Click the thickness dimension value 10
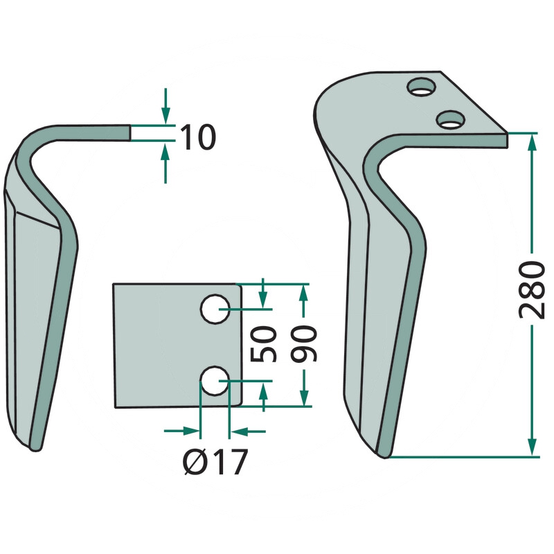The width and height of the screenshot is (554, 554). [197, 136]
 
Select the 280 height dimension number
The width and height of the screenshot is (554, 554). [532, 289]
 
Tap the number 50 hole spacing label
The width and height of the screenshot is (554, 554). [263, 344]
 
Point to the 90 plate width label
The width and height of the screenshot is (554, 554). [304, 344]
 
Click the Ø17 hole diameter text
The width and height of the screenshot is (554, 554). [215, 462]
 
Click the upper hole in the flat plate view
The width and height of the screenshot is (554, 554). [215, 309]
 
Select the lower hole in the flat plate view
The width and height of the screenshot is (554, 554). [215, 381]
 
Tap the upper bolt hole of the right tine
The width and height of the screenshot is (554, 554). [421, 86]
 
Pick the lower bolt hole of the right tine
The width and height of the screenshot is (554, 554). [451, 119]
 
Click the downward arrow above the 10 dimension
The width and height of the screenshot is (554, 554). [166, 106]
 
